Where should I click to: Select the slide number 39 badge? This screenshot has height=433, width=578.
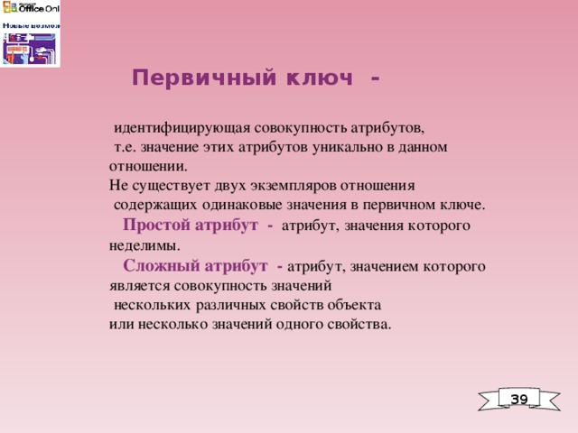[518, 399]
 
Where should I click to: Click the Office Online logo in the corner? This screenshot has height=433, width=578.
[31, 33]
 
